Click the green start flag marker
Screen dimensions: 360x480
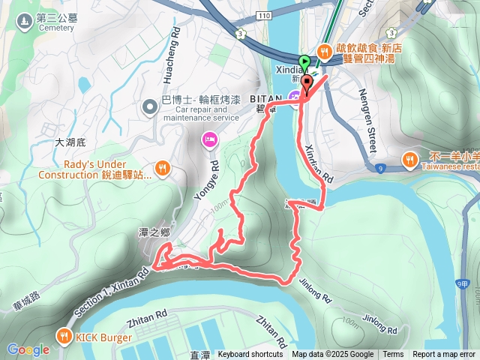click(x=304, y=63)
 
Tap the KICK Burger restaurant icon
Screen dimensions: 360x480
click(x=65, y=336)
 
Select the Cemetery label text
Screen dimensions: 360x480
click(x=55, y=28)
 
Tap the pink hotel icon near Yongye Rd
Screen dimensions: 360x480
click(x=209, y=139)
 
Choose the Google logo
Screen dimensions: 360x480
click(x=28, y=349)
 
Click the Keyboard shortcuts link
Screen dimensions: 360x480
click(x=250, y=355)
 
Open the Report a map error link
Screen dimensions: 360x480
click(x=444, y=355)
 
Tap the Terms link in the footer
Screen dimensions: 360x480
click(x=393, y=355)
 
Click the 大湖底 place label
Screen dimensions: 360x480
click(x=73, y=141)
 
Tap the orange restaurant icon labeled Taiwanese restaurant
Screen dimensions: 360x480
click(x=409, y=159)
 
